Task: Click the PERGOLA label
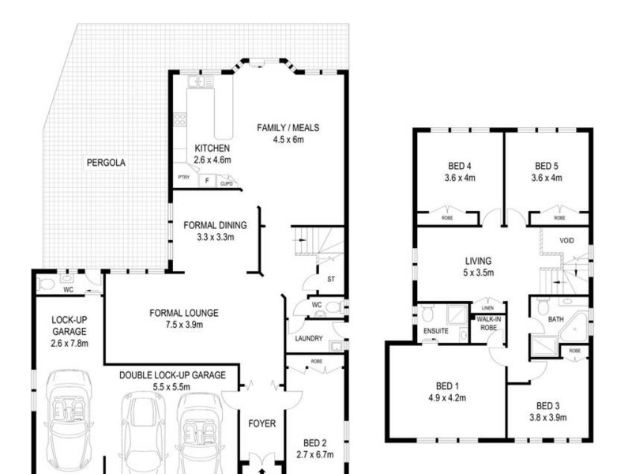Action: tap(106, 163)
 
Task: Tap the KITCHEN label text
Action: tap(212, 149)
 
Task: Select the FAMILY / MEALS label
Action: tap(288, 128)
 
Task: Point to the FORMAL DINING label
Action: tap(215, 225)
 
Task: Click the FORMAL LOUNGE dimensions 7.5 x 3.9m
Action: tap(183, 325)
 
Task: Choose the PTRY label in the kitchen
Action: tap(184, 179)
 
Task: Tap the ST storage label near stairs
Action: tap(331, 279)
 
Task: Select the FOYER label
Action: tap(261, 423)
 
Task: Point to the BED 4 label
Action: tap(459, 166)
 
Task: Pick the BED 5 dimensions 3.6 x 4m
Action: tap(547, 178)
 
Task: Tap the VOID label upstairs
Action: tap(566, 241)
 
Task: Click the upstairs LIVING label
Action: tap(478, 261)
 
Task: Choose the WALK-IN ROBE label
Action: tap(486, 322)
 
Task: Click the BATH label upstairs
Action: tap(556, 320)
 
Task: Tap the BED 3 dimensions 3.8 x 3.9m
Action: tap(547, 418)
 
